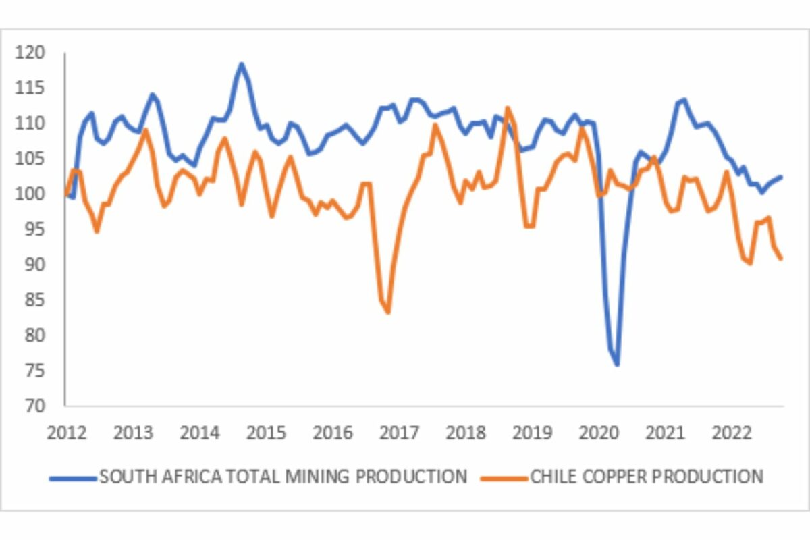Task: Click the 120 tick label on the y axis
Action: (31, 53)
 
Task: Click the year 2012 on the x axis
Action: (65, 433)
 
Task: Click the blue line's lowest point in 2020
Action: (617, 365)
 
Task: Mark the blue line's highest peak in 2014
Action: (241, 64)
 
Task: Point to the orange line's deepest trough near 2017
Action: (388, 313)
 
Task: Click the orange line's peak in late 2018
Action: (508, 107)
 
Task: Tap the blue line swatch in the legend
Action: (73, 477)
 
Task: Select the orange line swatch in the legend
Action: (504, 477)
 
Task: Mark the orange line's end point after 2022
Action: (781, 259)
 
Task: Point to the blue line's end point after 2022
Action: (781, 177)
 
